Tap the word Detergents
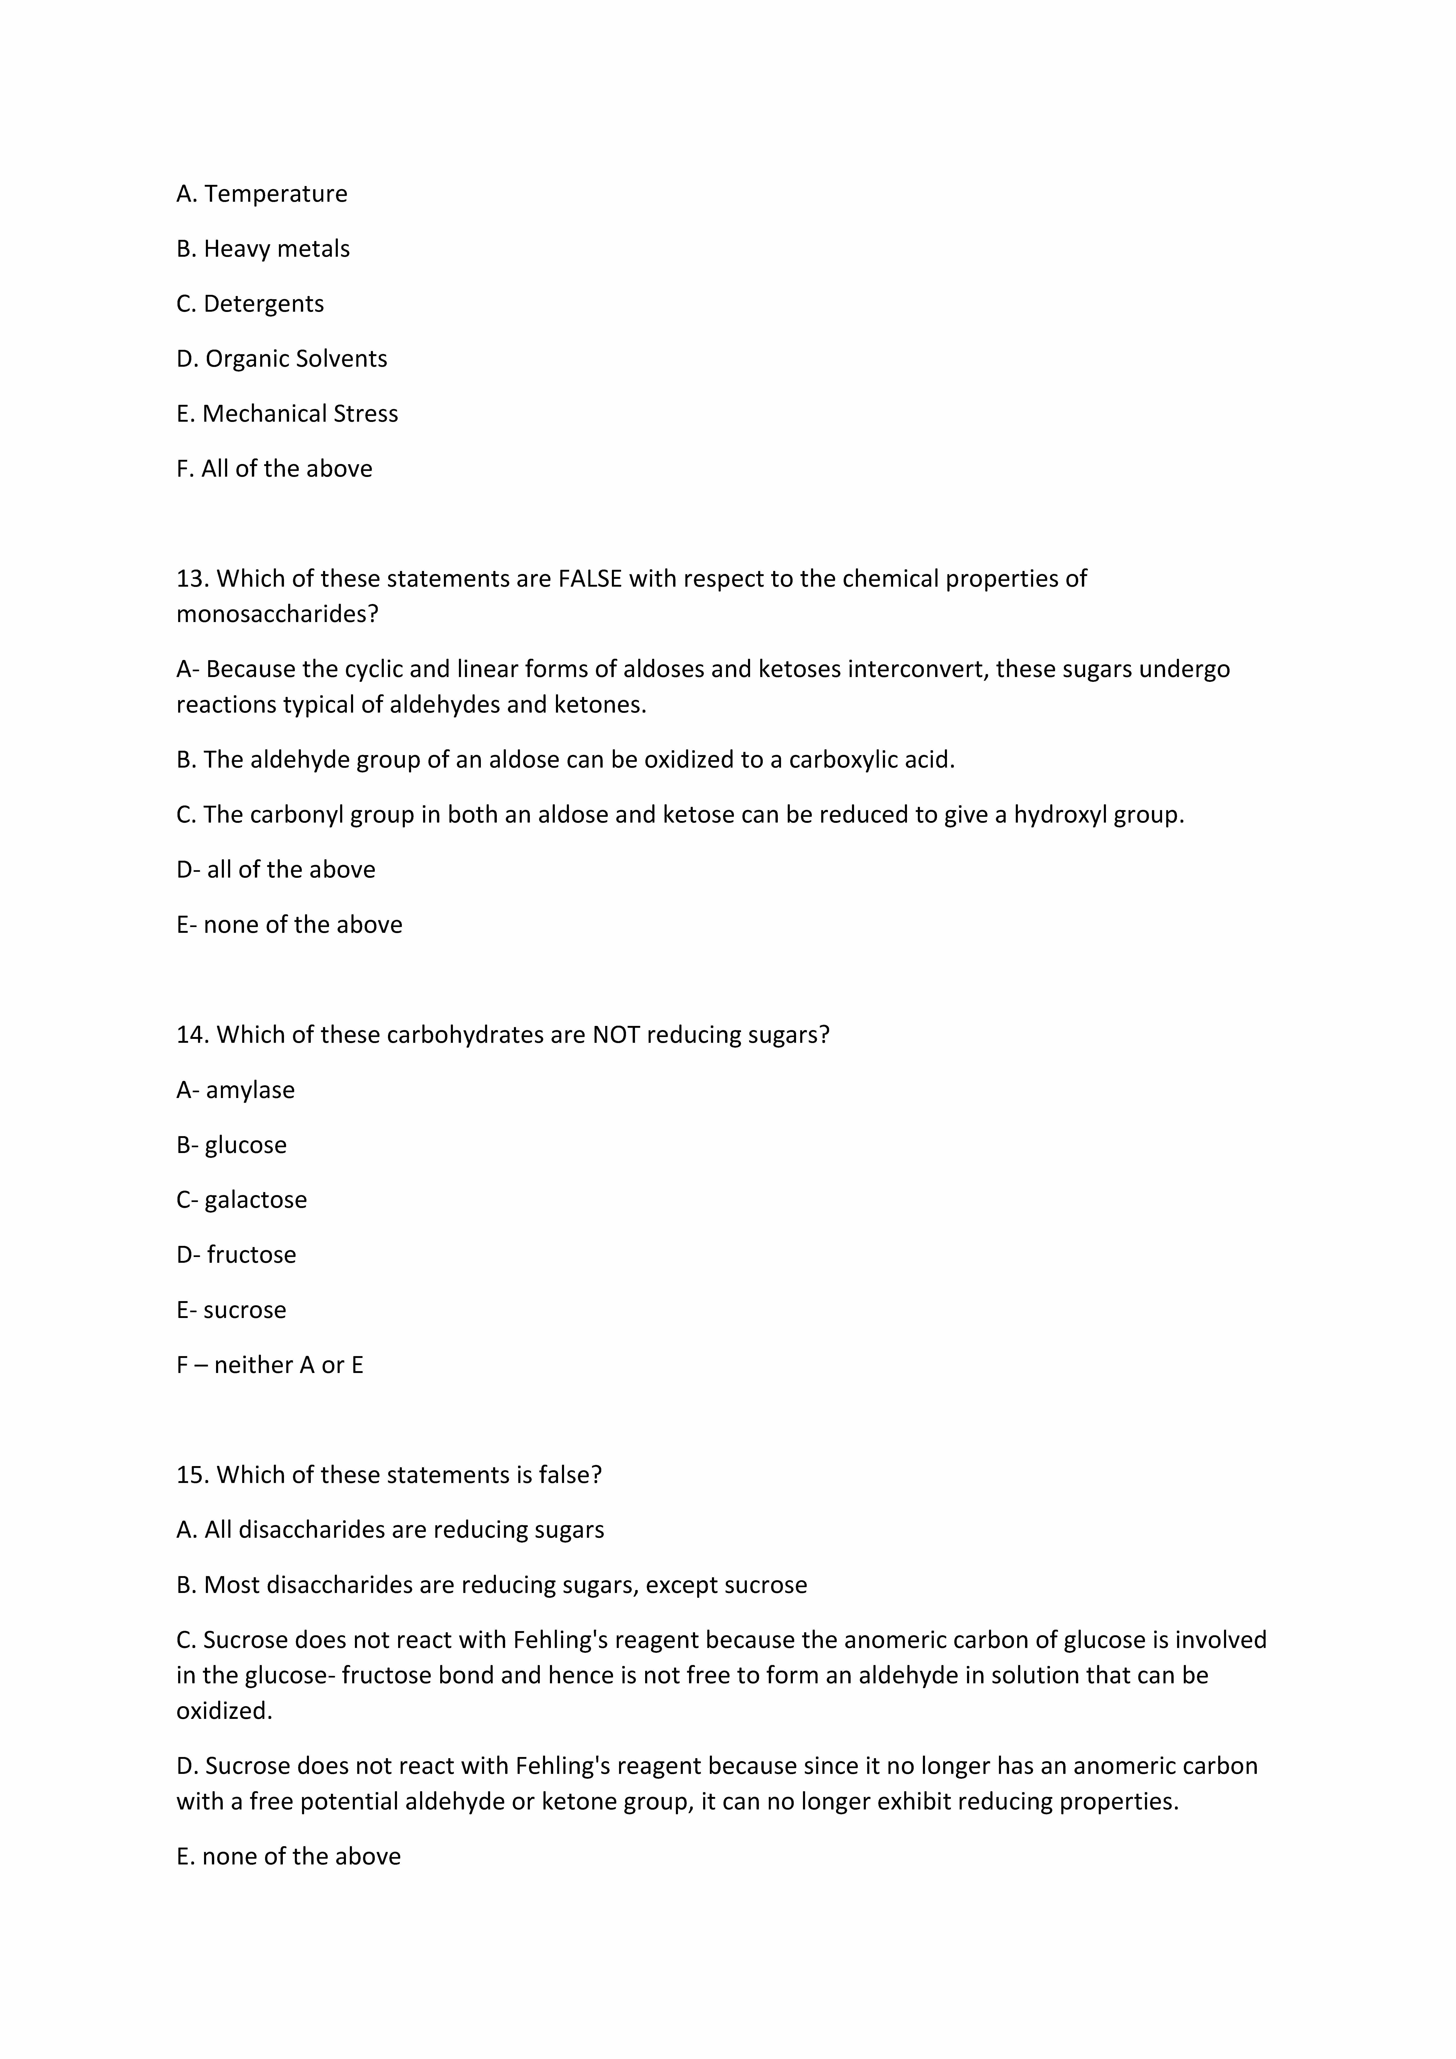[264, 304]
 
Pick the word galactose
[256, 1200]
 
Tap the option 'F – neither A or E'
[270, 1365]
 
